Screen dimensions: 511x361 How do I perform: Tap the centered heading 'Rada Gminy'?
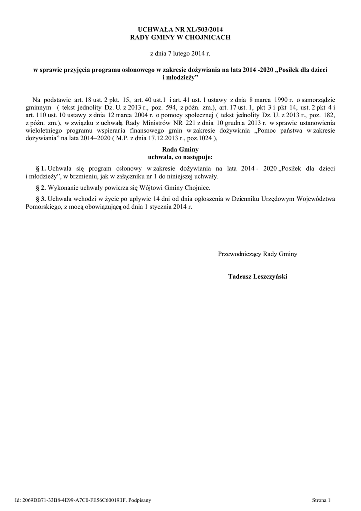(180, 149)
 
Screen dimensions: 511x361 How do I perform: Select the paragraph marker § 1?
(41, 169)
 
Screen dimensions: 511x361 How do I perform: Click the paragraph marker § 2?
(41, 188)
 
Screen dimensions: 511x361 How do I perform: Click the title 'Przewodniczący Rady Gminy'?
(257, 254)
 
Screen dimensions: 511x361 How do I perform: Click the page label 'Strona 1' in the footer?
(321, 499)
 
